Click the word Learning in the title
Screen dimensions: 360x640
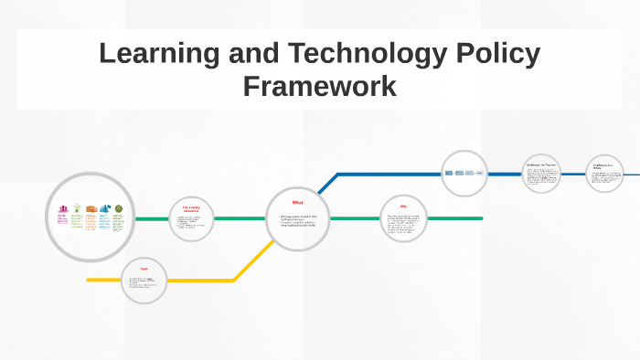pos(157,54)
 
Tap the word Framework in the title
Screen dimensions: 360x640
pos(320,87)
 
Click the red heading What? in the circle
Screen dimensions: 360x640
pos(297,202)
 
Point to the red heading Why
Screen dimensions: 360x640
pos(403,206)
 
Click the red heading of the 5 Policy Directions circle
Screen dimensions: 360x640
pos(191,207)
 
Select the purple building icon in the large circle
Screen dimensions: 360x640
pos(63,209)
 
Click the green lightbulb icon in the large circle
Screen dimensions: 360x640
pos(77,208)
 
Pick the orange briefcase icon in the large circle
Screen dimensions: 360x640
pos(91,208)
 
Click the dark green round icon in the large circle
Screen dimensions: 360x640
pos(118,208)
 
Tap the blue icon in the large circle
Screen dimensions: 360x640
pos(104,208)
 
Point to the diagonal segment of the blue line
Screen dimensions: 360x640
pos(322,186)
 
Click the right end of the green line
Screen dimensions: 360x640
pos(480,218)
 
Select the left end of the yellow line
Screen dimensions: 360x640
pos(89,280)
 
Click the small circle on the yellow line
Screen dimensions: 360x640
pos(144,280)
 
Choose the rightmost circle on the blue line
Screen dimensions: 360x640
pos(603,173)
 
